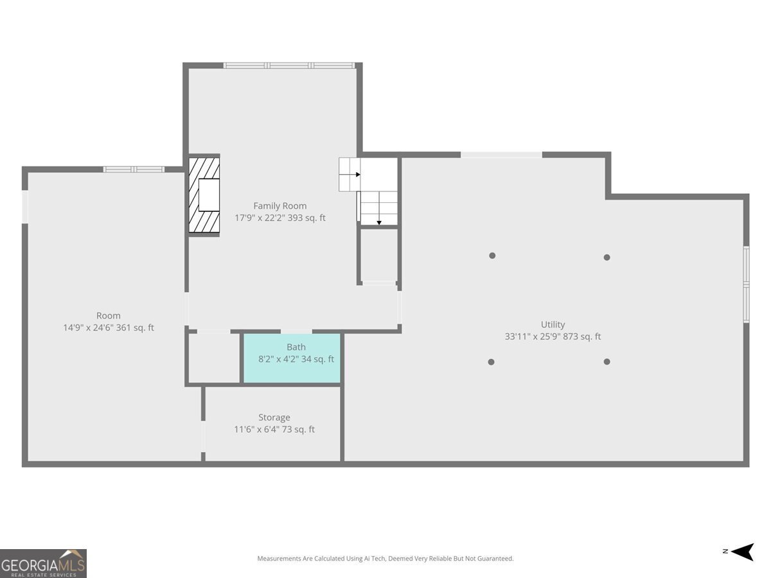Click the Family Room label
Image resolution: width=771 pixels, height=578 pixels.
click(x=279, y=206)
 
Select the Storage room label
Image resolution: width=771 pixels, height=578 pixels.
click(x=274, y=417)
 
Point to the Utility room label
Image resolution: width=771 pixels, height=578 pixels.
click(x=553, y=324)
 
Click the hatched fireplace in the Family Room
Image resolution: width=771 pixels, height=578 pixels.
click(x=204, y=195)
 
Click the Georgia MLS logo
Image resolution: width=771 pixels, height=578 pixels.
click(x=43, y=563)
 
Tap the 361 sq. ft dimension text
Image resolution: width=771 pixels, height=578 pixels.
click(x=108, y=328)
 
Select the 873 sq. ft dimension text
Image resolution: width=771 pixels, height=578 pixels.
click(x=553, y=337)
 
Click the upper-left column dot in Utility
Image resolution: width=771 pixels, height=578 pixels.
click(x=492, y=256)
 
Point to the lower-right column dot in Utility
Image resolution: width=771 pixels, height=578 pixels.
click(x=607, y=362)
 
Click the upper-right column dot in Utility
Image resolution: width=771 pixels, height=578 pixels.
click(x=607, y=258)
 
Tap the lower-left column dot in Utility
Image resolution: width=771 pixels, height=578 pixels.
click(x=492, y=362)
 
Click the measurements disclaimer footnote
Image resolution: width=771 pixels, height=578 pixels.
click(x=385, y=559)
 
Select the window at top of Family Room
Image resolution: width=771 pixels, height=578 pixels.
click(x=289, y=66)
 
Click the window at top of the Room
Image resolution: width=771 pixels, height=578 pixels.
click(x=134, y=170)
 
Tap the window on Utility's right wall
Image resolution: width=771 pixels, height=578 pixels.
click(x=746, y=283)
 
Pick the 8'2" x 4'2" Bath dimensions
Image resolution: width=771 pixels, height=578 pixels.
click(x=296, y=359)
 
